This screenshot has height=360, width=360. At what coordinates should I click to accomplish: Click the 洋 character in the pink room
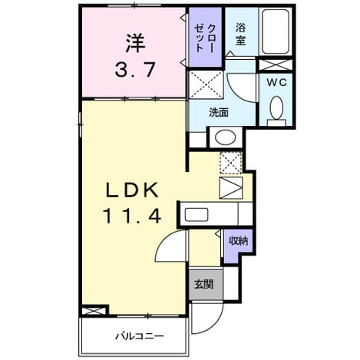click(135, 44)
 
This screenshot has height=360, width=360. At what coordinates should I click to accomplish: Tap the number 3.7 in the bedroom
click(135, 70)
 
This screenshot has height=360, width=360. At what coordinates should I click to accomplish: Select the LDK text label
click(132, 190)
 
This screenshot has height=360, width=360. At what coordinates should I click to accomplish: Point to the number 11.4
click(132, 216)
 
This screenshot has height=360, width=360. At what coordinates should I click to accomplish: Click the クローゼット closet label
click(204, 38)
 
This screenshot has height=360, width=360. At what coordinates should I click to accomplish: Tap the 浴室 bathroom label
click(240, 34)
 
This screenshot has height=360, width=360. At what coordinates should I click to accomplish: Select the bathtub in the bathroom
click(276, 31)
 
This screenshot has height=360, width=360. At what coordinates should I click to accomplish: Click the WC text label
click(276, 82)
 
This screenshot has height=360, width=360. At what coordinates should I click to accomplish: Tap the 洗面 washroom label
click(219, 112)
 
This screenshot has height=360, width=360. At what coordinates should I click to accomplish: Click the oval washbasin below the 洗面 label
click(225, 137)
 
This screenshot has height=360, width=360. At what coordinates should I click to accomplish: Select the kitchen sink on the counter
click(197, 214)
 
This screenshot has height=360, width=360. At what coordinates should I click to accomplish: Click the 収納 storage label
click(238, 241)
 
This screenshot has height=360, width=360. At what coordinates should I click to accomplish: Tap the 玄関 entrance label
click(204, 284)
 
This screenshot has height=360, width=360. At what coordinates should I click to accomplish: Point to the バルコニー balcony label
click(140, 336)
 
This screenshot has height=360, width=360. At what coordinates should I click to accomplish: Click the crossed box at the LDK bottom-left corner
click(94, 311)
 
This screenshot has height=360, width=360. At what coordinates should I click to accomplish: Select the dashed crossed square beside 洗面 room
click(206, 84)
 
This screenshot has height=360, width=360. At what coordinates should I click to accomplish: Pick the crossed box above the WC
click(276, 65)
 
